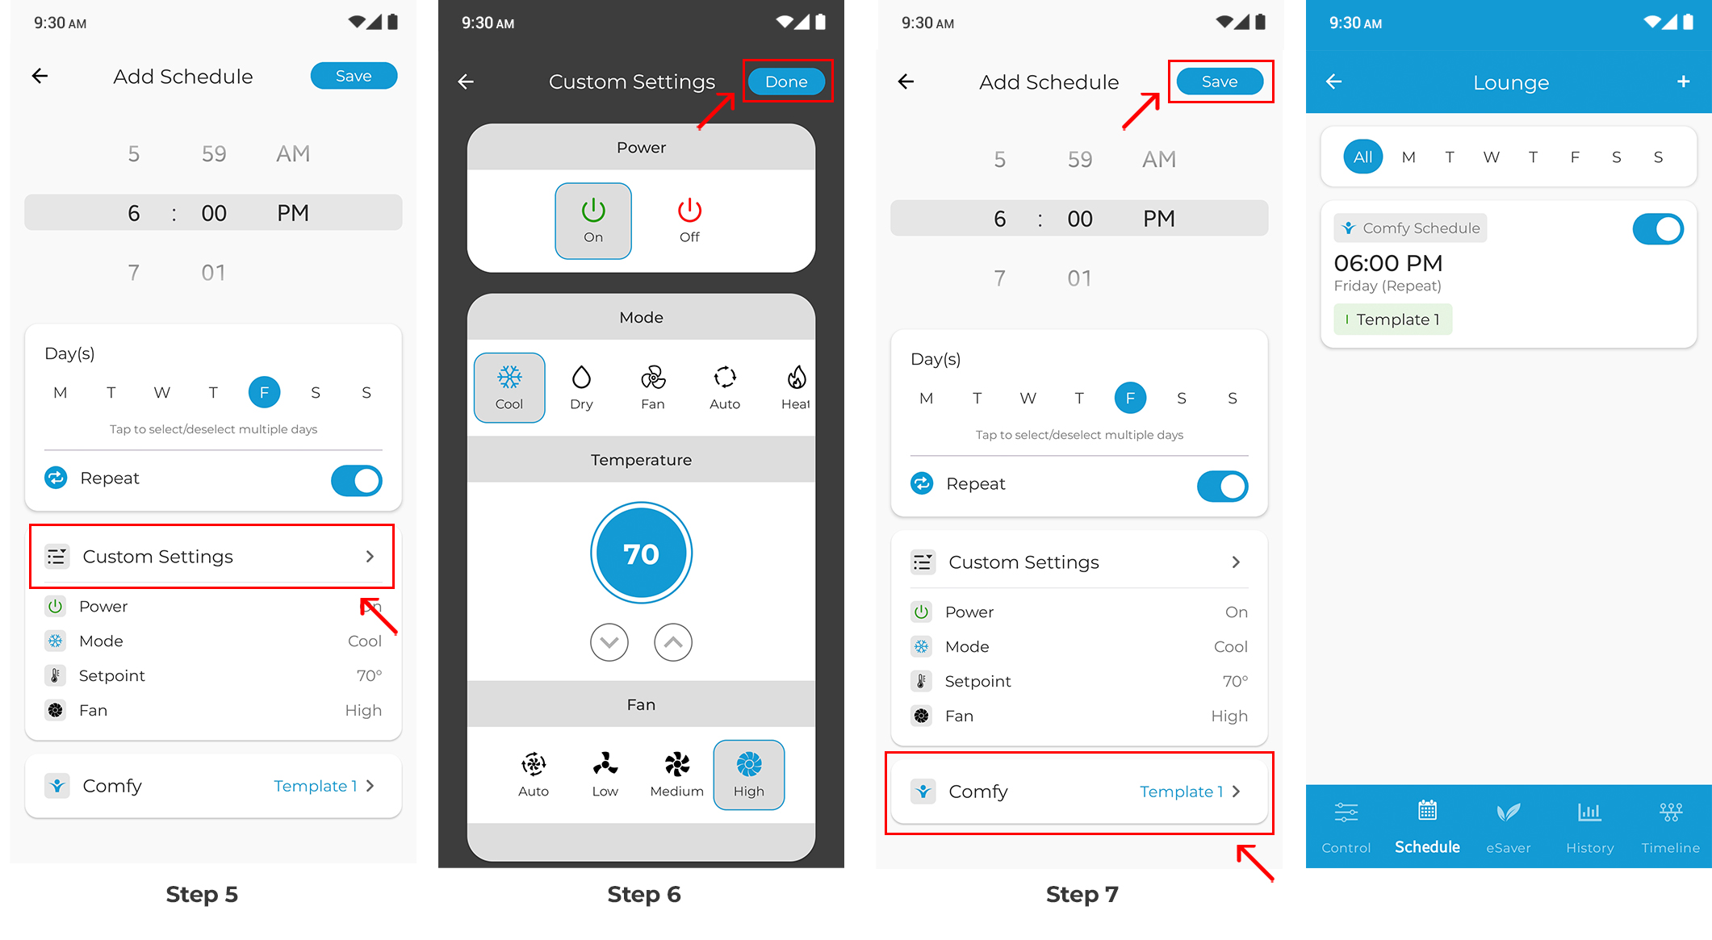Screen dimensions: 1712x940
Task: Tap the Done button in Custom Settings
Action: (x=786, y=81)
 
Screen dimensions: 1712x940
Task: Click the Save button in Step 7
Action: (x=1220, y=81)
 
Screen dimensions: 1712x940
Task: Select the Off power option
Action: (x=689, y=220)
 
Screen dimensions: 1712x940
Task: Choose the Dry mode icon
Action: (x=581, y=387)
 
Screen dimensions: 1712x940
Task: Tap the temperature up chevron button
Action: (x=673, y=642)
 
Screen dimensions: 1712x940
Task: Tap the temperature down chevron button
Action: (x=609, y=642)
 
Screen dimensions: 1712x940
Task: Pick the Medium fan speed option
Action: (x=677, y=775)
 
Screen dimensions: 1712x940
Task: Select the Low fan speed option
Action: (x=605, y=775)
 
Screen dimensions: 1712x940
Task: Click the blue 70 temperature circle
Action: (x=642, y=554)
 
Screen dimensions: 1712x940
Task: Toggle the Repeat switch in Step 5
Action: (x=356, y=480)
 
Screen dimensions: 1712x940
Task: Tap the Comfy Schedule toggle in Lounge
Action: (x=1658, y=229)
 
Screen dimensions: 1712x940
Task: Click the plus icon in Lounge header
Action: (x=1683, y=81)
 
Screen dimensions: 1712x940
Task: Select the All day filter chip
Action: (x=1363, y=157)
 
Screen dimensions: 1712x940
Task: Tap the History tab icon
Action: (x=1589, y=812)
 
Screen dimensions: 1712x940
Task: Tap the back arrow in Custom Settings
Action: (x=466, y=81)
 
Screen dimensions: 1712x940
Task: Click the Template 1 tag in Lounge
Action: (x=1393, y=320)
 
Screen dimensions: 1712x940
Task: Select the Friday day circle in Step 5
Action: (x=264, y=392)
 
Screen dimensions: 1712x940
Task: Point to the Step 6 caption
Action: (x=644, y=894)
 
